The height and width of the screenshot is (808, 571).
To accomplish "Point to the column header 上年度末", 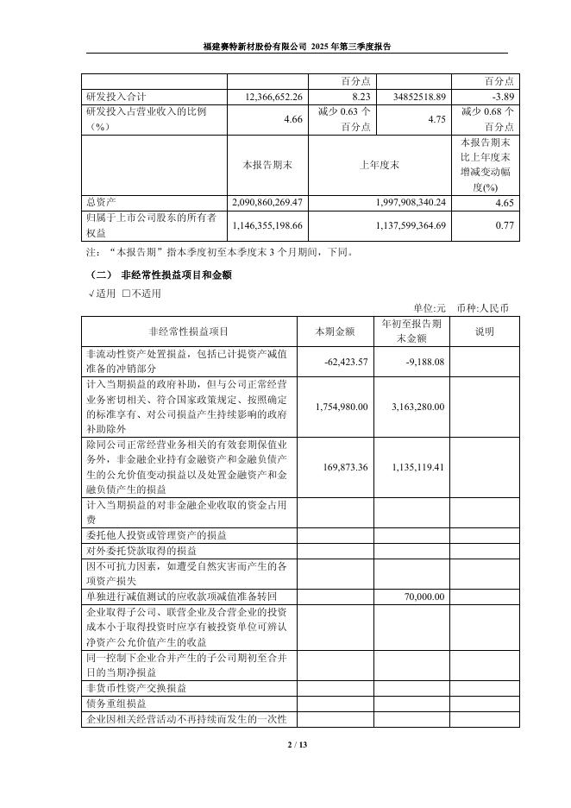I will [382, 164].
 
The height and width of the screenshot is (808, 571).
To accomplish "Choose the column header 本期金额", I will [336, 331].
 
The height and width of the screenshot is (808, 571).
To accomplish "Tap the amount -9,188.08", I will [424, 362].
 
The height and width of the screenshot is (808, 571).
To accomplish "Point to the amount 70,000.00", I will [424, 597].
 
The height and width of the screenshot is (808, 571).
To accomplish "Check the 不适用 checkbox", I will [126, 293].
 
